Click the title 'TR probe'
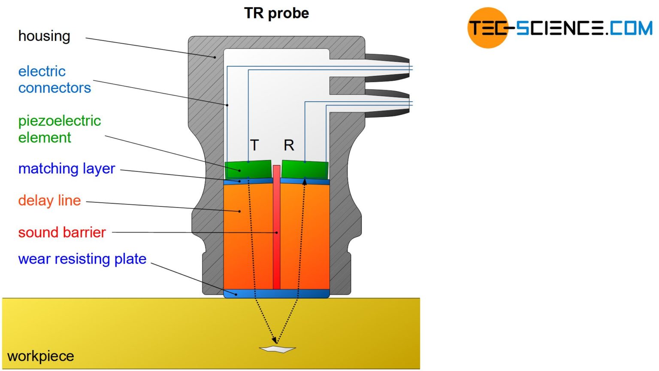[276, 13]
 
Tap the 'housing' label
[44, 36]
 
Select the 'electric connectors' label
[54, 79]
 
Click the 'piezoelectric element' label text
[59, 129]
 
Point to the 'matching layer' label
[67, 169]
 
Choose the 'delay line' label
[49, 201]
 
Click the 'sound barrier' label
[62, 232]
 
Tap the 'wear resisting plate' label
[82, 259]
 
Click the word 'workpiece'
[41, 356]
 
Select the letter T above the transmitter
[254, 145]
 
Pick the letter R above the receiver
[289, 146]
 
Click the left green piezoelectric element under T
[248, 170]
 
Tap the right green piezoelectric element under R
[305, 170]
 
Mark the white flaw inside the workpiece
[278, 349]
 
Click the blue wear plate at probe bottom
[277, 294]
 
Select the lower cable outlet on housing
[388, 103]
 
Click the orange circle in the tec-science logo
[487, 27]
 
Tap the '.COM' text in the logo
[629, 28]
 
